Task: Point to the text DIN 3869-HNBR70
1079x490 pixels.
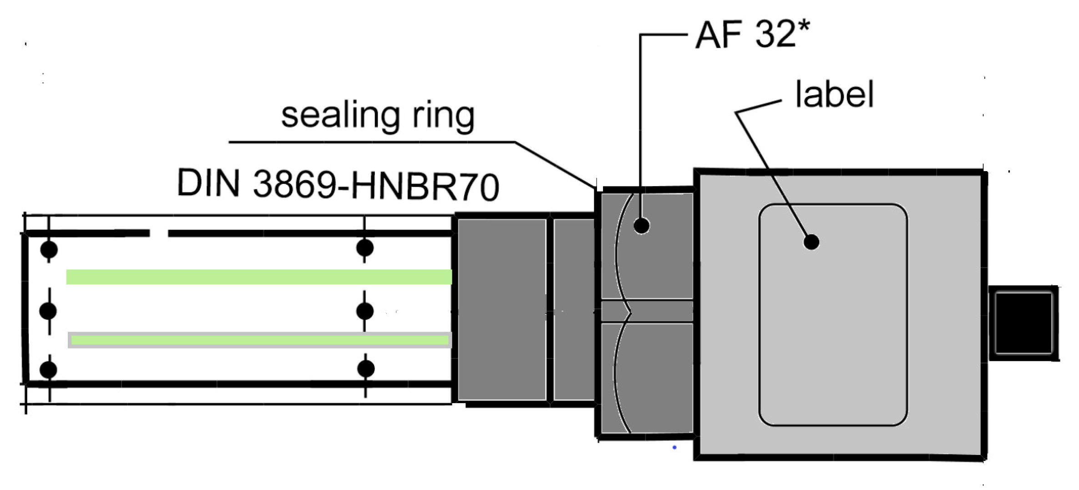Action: pos(338,185)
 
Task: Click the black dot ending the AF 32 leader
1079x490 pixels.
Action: pos(642,225)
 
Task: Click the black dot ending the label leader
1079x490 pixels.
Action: pos(811,242)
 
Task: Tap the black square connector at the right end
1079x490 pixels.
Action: pos(1023,323)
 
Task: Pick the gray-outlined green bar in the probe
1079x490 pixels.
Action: pos(259,340)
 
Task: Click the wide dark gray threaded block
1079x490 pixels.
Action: pos(502,309)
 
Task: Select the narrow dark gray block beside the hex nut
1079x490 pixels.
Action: pos(573,309)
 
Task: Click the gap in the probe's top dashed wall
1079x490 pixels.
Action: pos(158,233)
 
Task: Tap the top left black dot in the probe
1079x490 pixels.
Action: pos(49,249)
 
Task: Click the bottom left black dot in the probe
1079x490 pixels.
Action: pos(49,369)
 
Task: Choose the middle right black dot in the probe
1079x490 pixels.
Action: pos(365,311)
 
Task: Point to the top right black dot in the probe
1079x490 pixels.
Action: pos(365,248)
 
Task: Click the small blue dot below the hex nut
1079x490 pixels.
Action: pos(674,447)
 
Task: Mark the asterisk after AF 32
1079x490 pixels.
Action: pos(804,25)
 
